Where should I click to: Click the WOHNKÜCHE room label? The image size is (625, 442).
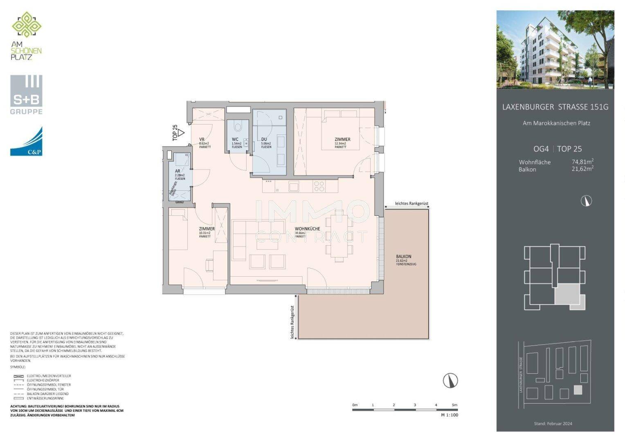(307, 229)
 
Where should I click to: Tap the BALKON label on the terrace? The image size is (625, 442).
(403, 257)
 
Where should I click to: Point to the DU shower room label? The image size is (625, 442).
(264, 140)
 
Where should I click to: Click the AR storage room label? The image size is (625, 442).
(178, 171)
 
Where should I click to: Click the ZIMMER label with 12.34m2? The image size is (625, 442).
(342, 140)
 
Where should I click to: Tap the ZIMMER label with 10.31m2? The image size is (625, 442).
(207, 229)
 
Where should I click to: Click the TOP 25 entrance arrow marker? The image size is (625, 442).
(181, 133)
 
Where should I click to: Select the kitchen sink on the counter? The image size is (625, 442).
(294, 187)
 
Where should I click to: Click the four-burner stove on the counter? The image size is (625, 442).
(319, 187)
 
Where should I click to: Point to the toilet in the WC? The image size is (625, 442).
(239, 125)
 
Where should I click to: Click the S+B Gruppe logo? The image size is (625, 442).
(26, 95)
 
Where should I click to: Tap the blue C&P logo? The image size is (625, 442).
(26, 141)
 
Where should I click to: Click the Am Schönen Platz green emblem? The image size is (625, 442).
(27, 25)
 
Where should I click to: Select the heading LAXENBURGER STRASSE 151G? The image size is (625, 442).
(555, 107)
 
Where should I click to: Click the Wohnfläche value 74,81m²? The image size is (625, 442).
(582, 162)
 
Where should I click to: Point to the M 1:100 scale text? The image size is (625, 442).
(450, 415)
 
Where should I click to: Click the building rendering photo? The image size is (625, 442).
(555, 50)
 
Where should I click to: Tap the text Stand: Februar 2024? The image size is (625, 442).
(553, 424)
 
